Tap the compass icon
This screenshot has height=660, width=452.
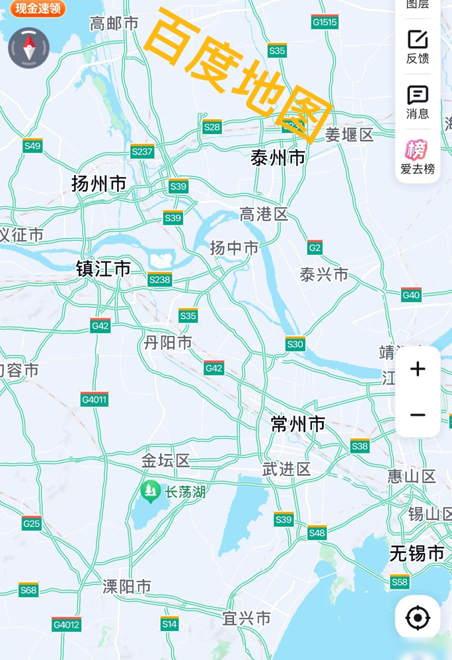pos(28,48)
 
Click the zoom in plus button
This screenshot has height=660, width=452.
pos(418,369)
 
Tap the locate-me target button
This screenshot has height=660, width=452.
pos(418,618)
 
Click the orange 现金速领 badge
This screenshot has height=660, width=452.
pos(38,8)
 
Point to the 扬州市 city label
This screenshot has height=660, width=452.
pos(98,183)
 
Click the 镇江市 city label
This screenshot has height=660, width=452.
pos(103,269)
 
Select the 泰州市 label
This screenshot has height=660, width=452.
pos(278,158)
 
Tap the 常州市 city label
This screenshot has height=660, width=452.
pos(298,424)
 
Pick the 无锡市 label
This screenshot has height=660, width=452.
pos(416,553)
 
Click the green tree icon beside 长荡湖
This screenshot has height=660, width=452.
pos(151,490)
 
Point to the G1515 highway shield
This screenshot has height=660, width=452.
pos(324,22)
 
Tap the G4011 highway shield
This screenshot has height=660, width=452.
pos(94,399)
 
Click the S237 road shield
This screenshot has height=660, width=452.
pos(142,152)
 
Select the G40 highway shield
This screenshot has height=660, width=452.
pos(411,295)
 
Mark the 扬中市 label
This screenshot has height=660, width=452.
pos(234,247)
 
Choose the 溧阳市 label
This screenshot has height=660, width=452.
pos(127,586)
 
